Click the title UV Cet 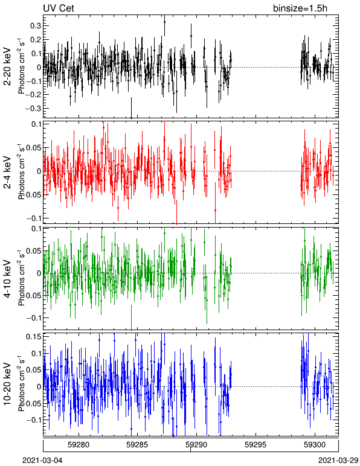tap(59, 8)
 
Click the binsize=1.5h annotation tap(300, 8)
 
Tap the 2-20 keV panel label tap(7, 67)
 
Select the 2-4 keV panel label tap(7, 173)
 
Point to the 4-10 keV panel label tap(7, 279)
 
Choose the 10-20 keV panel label tap(7, 384)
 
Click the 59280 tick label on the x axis tap(79, 445)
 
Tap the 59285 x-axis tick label tap(137, 445)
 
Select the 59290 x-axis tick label tap(196, 445)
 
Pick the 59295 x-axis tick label tap(256, 445)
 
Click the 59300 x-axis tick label tap(315, 445)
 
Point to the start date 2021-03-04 tap(42, 461)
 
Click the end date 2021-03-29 tap(338, 461)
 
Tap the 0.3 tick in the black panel tap(36, 25)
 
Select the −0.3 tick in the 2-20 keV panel tap(34, 108)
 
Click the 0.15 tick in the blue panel tap(34, 337)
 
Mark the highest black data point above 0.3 tap(164, 22)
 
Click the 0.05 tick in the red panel tap(34, 148)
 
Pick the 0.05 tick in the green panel tap(34, 251)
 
